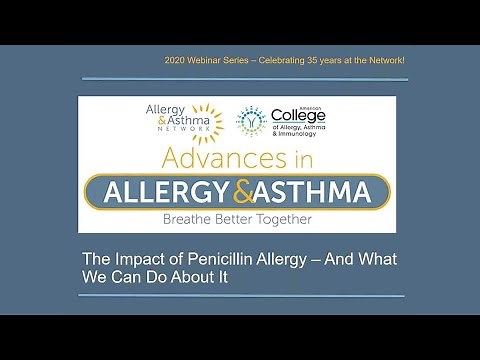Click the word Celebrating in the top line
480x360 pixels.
(288, 62)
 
